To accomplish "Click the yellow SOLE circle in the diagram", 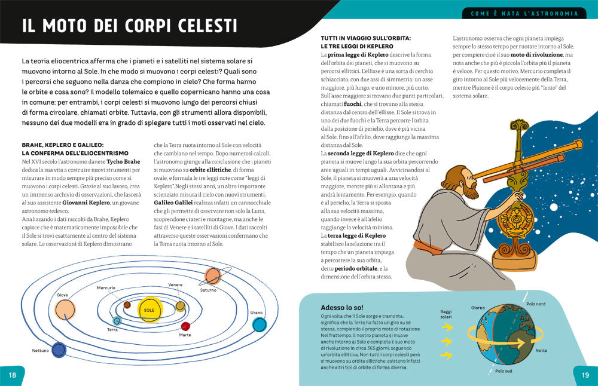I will [149, 310].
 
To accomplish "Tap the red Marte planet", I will [185, 326].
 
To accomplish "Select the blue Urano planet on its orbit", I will [259, 324].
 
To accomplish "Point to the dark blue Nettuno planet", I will [59, 350].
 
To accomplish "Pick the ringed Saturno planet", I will [212, 275].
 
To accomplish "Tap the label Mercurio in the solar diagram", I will [106, 288].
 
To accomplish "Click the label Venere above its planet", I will [175, 284].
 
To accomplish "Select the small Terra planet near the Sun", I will [117, 321].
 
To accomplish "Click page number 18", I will [11, 375].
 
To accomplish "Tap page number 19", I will [585, 375].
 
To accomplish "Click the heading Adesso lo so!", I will [341, 307].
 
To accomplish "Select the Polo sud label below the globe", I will [504, 371].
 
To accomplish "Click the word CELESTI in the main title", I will [200, 26].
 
